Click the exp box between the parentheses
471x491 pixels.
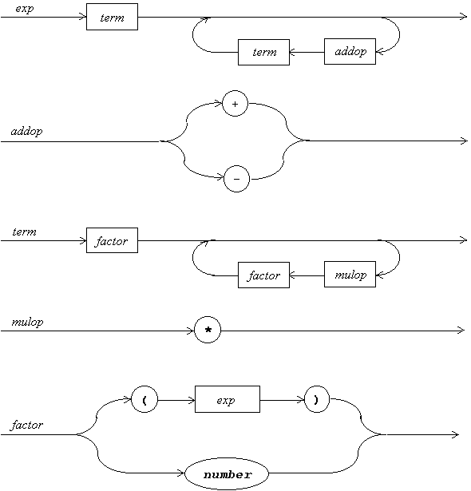point(228,399)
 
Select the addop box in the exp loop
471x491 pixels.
point(350,52)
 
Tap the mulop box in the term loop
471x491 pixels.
point(350,275)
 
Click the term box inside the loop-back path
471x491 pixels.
point(263,53)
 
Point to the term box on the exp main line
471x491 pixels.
point(112,17)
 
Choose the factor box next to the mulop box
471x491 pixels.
point(263,275)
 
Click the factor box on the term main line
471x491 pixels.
point(112,240)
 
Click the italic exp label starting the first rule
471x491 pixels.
point(25,9)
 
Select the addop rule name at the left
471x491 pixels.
point(26,131)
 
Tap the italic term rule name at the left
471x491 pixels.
point(25,232)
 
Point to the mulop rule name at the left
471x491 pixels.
point(27,323)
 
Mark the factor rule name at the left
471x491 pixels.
point(27,425)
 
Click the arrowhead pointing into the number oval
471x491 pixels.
point(181,473)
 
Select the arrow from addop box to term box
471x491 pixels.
point(307,52)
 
